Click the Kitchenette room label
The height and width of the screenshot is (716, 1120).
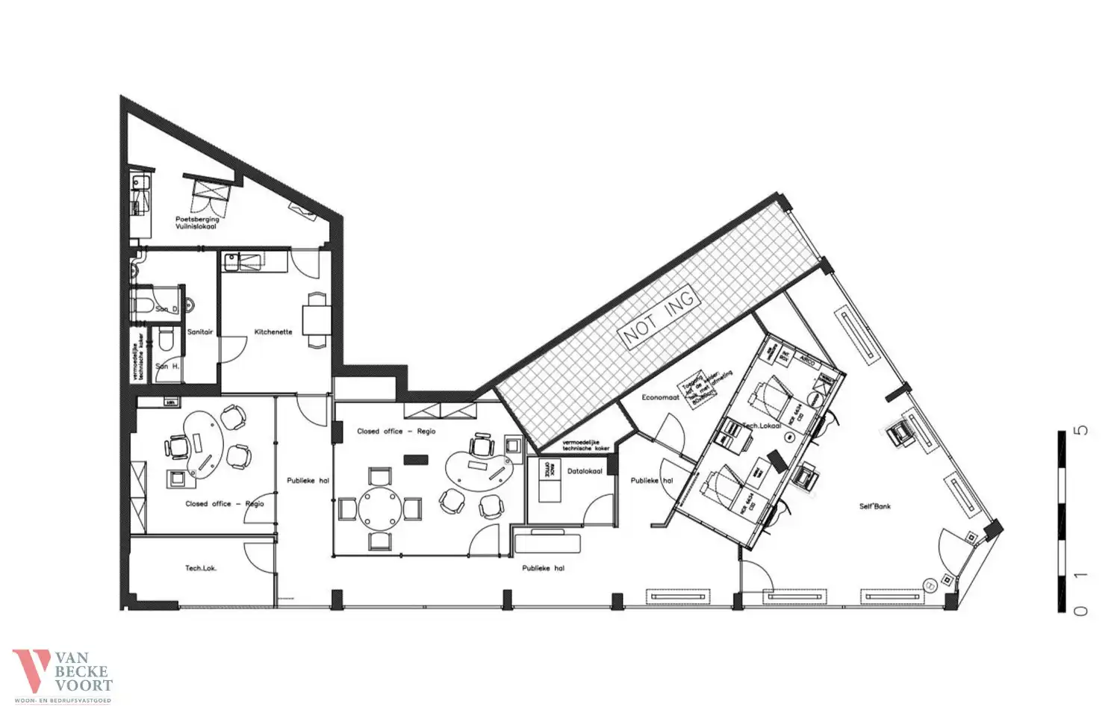(273, 332)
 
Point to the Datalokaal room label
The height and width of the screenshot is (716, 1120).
(585, 472)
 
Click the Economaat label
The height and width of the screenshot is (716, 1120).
(660, 398)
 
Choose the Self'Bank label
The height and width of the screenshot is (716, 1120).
(874, 506)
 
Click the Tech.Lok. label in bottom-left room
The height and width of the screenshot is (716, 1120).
(200, 568)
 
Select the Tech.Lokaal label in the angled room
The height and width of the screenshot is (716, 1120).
(761, 426)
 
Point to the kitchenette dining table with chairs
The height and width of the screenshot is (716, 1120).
(317, 319)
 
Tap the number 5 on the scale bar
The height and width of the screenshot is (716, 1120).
(1080, 431)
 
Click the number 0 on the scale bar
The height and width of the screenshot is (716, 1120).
(1080, 611)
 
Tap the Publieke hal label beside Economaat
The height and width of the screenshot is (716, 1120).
(651, 481)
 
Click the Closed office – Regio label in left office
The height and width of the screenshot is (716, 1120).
(225, 504)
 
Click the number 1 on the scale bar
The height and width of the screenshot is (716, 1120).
(1080, 576)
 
